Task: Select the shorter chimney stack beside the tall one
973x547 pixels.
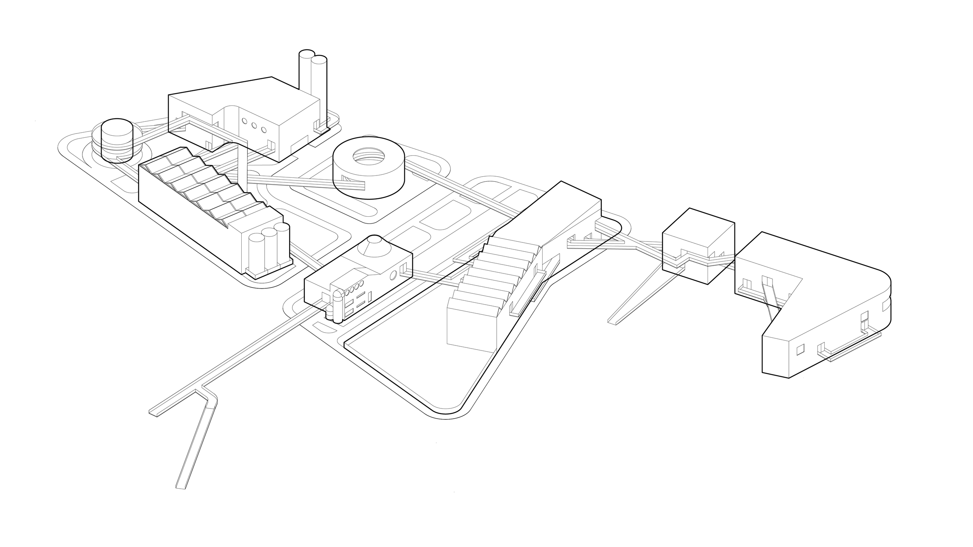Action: click(x=319, y=86)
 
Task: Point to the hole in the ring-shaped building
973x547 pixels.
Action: click(x=369, y=156)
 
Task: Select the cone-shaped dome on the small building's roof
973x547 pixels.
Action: click(x=374, y=247)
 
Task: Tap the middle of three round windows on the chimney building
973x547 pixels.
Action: click(x=254, y=125)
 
